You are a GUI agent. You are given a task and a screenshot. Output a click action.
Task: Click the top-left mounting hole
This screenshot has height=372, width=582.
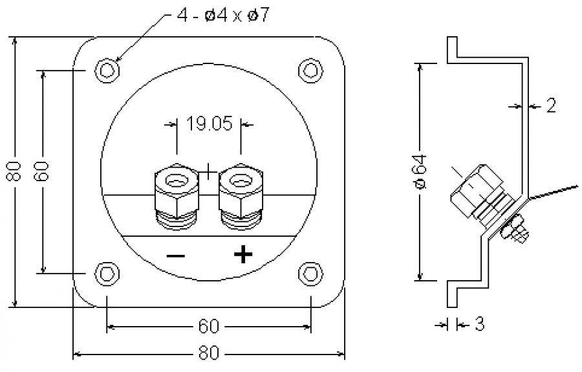pos(107,69)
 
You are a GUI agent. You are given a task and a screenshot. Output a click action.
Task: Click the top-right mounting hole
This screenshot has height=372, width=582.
pos(310,69)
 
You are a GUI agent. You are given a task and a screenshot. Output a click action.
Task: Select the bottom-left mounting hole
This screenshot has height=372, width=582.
pos(107,274)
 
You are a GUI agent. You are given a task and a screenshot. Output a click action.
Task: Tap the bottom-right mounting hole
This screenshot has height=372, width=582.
pos(310,274)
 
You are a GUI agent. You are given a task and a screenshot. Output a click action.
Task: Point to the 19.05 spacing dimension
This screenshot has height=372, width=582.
pos(208,124)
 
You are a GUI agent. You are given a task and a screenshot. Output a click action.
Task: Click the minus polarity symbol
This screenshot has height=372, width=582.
pos(175,256)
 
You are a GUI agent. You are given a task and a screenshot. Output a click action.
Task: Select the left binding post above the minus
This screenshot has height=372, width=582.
pos(175,194)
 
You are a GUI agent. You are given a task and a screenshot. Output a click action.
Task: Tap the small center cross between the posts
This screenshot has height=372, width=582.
pos(209,172)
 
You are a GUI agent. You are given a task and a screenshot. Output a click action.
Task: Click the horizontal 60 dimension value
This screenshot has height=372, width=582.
pos(208,325)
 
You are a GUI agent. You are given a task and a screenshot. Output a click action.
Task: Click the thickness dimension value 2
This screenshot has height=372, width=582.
pos(550,106)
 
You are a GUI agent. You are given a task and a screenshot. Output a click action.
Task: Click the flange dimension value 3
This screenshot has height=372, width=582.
pos(479,324)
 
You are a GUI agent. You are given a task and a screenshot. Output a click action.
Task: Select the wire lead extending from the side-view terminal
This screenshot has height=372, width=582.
pos(553,192)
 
